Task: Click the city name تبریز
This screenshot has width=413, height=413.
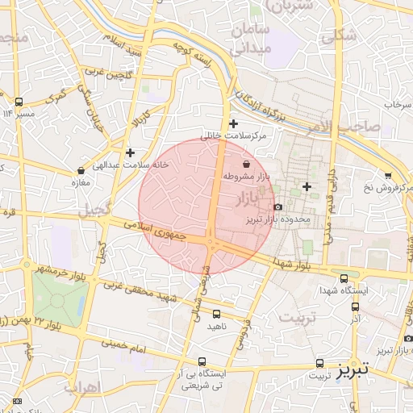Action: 353,370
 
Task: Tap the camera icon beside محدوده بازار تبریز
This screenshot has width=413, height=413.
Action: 277,206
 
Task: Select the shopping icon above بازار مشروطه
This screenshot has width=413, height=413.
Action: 245,164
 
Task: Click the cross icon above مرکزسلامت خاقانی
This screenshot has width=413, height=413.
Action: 234,123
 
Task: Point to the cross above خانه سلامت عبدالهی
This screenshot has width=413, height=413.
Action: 130,152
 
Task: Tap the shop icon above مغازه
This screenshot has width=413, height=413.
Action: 81,170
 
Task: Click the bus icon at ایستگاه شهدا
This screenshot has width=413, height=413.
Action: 344,277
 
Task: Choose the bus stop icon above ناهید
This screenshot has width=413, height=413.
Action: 216,314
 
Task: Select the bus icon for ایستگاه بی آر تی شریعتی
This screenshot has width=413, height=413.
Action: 202,362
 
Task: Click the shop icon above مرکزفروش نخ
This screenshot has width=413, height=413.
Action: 388,175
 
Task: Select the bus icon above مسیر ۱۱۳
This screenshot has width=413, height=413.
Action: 19,102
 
